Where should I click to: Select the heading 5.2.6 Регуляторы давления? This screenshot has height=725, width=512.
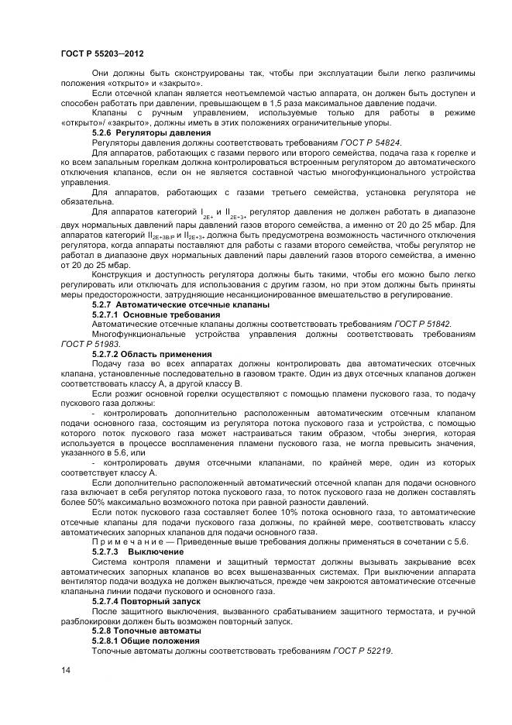pyautogui.click(x=139, y=133)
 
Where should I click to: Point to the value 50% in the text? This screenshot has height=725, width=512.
pyautogui.click(x=86, y=501)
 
